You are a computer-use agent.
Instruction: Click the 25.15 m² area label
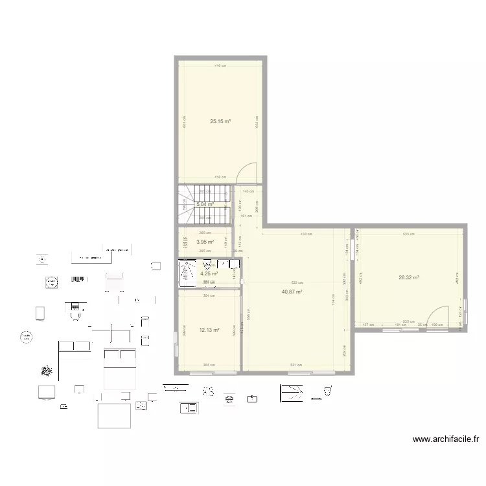point(221,121)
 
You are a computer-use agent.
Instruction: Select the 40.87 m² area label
point(292,292)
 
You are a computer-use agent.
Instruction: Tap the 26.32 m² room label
point(409,277)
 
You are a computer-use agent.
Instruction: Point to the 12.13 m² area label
point(209,330)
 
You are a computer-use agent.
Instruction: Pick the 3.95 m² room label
point(205,243)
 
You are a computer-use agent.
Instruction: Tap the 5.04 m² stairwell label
point(205,204)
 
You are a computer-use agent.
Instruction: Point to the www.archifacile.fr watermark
point(446,439)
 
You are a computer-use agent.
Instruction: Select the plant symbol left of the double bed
point(46,371)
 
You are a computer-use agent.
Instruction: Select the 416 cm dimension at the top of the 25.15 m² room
point(221,65)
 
